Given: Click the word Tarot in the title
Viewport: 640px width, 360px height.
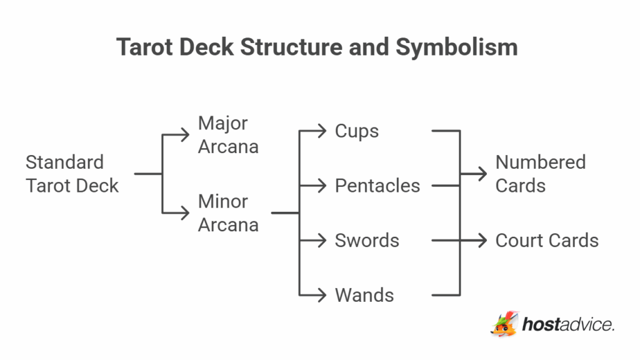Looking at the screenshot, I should click(x=145, y=47).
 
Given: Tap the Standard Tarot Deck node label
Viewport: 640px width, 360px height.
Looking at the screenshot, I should click(x=72, y=174).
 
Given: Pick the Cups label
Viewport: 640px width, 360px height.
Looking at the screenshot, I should click(x=357, y=131).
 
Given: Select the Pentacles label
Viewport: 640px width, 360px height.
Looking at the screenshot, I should click(x=377, y=186).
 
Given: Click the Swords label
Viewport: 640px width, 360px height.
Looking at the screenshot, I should click(x=367, y=241).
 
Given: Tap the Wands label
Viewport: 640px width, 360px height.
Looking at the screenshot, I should click(x=364, y=295).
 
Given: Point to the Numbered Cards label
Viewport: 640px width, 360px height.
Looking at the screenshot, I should click(x=540, y=174).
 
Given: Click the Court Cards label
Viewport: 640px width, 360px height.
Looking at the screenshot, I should click(x=547, y=241).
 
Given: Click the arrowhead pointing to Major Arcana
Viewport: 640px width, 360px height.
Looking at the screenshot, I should click(x=184, y=134).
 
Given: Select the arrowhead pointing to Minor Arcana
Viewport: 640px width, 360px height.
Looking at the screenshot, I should click(x=184, y=213).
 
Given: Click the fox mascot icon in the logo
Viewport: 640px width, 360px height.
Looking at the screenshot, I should click(x=504, y=324).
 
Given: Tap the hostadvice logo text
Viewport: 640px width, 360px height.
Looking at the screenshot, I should click(x=567, y=325).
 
